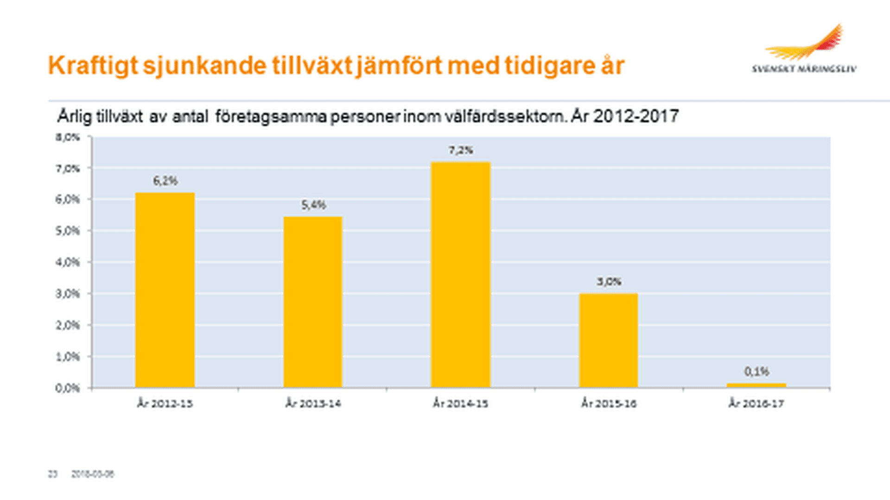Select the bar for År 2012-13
[165, 290]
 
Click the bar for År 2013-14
[313, 302]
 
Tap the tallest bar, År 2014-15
[460, 274]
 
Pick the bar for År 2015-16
[608, 340]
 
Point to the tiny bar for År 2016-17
[756, 385]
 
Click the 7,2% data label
[460, 150]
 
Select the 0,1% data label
[756, 371]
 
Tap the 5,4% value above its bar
[313, 205]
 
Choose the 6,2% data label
[165, 181]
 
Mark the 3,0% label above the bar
[609, 281]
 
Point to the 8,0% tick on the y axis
[68, 137]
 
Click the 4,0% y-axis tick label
[68, 262]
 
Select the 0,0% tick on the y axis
[68, 388]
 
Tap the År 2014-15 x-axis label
[460, 404]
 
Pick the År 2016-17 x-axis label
[756, 404]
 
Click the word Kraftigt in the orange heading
[93, 66]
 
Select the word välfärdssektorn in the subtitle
[506, 116]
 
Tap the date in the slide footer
[93, 474]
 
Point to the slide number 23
[53, 474]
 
